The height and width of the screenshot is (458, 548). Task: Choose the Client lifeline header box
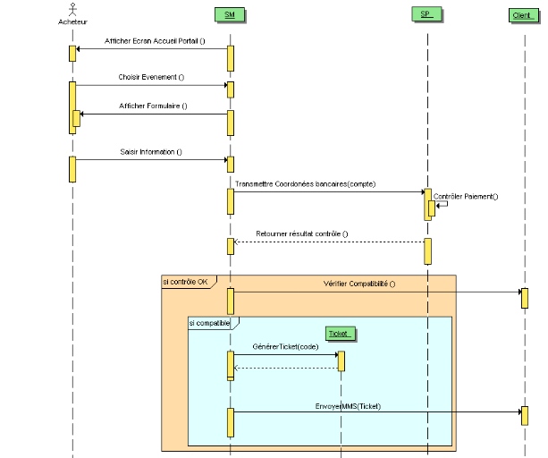523,15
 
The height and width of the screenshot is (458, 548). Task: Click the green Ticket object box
340,333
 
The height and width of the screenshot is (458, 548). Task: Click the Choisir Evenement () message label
151,77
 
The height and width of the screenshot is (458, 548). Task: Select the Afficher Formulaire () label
154,106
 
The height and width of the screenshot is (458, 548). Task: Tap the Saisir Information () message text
151,151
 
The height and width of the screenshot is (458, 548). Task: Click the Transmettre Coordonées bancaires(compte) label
305,183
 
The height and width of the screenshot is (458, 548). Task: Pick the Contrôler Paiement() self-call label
466,196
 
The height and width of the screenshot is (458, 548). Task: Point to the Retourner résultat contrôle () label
302,233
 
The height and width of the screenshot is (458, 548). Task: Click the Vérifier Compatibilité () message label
358,284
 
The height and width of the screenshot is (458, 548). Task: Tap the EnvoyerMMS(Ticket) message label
349,404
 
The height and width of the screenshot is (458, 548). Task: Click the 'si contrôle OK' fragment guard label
185,281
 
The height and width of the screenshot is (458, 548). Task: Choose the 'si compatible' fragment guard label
209,322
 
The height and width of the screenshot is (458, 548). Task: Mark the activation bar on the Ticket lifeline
341,360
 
